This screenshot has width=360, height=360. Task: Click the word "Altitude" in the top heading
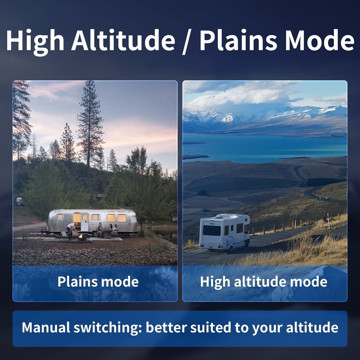point(123,40)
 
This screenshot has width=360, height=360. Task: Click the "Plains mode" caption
point(98,282)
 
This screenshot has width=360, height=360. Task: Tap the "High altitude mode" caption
point(264,282)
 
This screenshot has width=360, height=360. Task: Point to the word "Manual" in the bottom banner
point(46,328)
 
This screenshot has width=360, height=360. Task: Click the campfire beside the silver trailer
point(82,237)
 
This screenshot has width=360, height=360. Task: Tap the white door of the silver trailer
point(85,222)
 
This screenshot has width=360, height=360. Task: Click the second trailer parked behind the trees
point(19,201)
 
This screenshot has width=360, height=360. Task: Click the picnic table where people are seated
point(107,231)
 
